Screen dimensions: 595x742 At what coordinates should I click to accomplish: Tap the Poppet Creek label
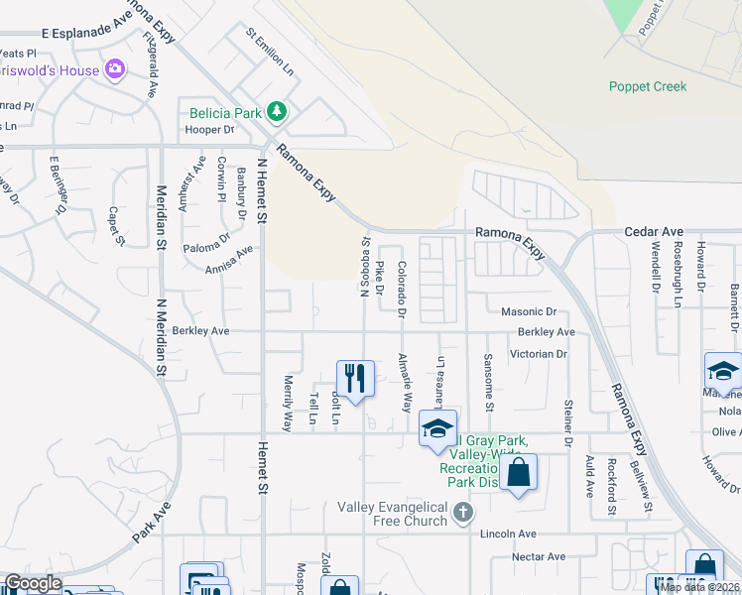[648, 86]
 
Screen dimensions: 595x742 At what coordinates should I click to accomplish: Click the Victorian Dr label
[538, 353]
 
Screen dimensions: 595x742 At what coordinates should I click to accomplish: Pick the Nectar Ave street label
[538, 556]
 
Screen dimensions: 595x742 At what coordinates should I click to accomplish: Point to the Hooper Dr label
[208, 129]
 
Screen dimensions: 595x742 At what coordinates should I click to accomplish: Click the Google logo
[32, 584]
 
